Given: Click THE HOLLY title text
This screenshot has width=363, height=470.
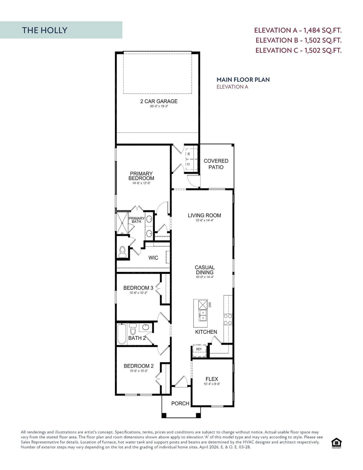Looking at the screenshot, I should pyautogui.click(x=44, y=30).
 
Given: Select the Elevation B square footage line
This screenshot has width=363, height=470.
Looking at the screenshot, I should pyautogui.click(x=298, y=40).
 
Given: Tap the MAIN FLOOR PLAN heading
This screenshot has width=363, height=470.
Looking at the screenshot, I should pyautogui.click(x=243, y=80).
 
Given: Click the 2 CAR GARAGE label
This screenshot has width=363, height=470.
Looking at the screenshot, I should pyautogui.click(x=159, y=101).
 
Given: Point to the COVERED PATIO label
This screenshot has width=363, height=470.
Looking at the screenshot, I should pyautogui.click(x=216, y=164).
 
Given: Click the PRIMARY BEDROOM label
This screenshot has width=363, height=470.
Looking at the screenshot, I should pyautogui.click(x=141, y=176).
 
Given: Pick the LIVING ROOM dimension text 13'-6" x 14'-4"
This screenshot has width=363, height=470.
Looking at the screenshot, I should pyautogui.click(x=204, y=220).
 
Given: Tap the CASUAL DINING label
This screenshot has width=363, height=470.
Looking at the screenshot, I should pyautogui.click(x=205, y=270).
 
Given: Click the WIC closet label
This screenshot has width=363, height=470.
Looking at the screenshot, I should pyautogui.click(x=153, y=258).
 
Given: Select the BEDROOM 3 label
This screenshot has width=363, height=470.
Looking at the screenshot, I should pyautogui.click(x=138, y=288).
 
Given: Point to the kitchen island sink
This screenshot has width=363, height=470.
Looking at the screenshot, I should pyautogui.click(x=202, y=315).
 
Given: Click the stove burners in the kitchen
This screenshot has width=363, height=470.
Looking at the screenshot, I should pyautogui.click(x=228, y=319).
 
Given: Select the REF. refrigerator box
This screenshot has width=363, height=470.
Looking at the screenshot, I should pyautogui.click(x=199, y=349).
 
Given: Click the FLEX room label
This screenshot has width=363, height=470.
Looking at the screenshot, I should pyautogui.click(x=212, y=379).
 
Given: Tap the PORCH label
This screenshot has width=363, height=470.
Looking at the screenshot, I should pyautogui.click(x=180, y=404).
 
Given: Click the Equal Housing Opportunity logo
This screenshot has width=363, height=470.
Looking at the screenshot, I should pyautogui.click(x=336, y=443).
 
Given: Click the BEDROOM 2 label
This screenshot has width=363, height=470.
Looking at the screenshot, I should pyautogui.click(x=139, y=366).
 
